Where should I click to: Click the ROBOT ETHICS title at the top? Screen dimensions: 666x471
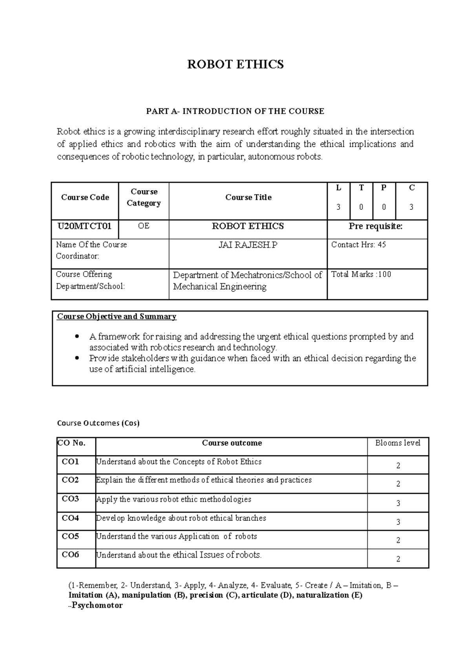(x=235, y=64)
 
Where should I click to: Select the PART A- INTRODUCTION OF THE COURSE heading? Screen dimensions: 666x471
(x=235, y=111)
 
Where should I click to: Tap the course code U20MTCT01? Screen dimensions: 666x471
(x=84, y=226)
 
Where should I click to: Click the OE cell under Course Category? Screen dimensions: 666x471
(x=144, y=226)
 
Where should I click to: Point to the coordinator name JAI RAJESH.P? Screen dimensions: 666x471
(x=248, y=245)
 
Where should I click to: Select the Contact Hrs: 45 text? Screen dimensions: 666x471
(x=358, y=245)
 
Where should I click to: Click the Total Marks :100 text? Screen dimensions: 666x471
(x=361, y=275)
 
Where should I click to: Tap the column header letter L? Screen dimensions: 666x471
(x=338, y=188)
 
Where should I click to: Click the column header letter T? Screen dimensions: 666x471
(x=361, y=188)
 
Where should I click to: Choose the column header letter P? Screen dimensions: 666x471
(x=384, y=188)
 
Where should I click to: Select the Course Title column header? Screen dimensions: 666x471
(x=248, y=198)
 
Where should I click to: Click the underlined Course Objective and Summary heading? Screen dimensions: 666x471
(x=117, y=317)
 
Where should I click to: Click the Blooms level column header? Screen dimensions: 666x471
(x=398, y=443)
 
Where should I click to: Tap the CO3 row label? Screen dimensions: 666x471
(x=71, y=499)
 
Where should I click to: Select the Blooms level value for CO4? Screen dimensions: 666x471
(x=398, y=522)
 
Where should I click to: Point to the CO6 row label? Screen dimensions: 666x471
(x=71, y=555)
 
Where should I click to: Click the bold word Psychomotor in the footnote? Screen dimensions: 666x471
(x=97, y=606)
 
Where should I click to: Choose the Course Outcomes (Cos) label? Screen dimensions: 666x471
(x=98, y=423)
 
